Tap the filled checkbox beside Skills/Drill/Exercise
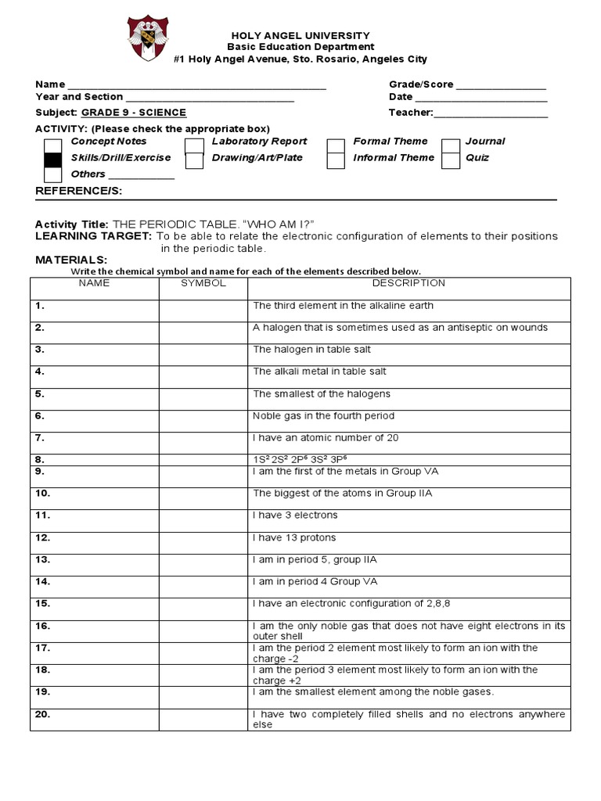click(52, 160)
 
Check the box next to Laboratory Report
click(194, 145)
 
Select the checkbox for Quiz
click(451, 160)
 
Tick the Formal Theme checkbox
click(336, 145)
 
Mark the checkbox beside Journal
click(451, 145)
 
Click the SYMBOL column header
click(203, 283)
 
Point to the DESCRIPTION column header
click(408, 283)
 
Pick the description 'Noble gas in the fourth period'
click(323, 416)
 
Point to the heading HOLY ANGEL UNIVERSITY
click(300, 36)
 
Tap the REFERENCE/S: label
click(79, 191)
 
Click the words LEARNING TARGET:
click(93, 236)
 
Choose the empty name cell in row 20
click(95, 719)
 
